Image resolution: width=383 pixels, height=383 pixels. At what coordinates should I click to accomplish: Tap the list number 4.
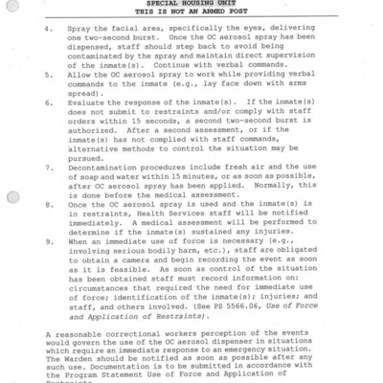[x=47, y=31]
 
